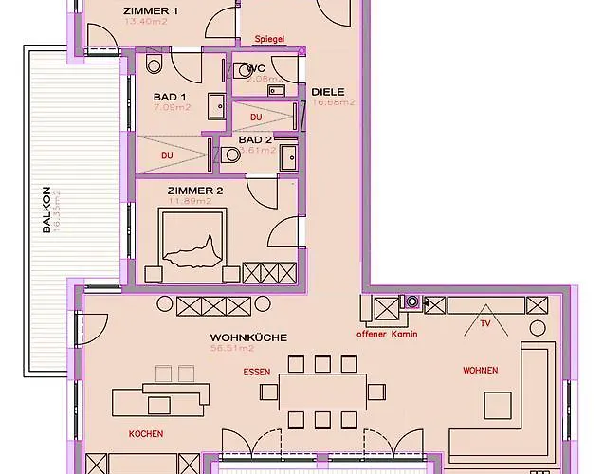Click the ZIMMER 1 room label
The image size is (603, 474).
(x=150, y=11)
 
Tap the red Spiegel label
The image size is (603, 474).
(x=269, y=39)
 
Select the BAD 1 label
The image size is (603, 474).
(x=170, y=97)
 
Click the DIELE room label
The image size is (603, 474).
(x=328, y=92)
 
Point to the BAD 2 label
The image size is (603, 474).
(x=255, y=139)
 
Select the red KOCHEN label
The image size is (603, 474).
(x=145, y=433)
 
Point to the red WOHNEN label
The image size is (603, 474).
(x=480, y=370)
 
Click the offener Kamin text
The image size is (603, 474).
(x=387, y=335)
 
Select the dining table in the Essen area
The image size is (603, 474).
(x=322, y=392)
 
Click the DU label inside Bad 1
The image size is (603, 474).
(x=167, y=155)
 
